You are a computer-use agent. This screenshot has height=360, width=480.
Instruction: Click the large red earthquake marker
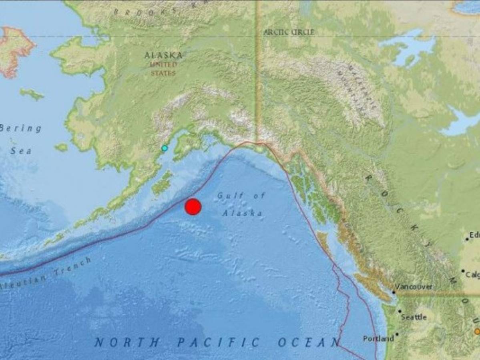193,206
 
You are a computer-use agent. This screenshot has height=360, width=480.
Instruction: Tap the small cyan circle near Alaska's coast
164,148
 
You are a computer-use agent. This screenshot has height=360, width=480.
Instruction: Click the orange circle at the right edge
477,331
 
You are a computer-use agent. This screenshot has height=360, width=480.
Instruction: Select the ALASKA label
163,55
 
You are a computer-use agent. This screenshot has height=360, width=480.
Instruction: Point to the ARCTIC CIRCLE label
289,32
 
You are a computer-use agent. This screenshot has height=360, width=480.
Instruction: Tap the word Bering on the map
21,129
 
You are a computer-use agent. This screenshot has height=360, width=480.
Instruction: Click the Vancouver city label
414,287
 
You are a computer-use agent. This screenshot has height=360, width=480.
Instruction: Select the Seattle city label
414,317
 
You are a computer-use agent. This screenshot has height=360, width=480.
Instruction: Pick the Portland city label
378,339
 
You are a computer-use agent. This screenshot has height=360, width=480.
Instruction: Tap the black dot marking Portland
397,334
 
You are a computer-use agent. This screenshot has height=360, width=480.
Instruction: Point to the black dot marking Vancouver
394,292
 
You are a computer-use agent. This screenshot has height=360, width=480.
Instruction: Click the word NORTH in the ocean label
127,343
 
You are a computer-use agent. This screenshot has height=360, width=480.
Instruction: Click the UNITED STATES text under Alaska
163,69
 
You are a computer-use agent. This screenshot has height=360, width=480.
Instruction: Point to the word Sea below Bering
21,151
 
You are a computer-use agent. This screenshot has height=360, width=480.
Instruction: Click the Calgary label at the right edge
472,275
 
